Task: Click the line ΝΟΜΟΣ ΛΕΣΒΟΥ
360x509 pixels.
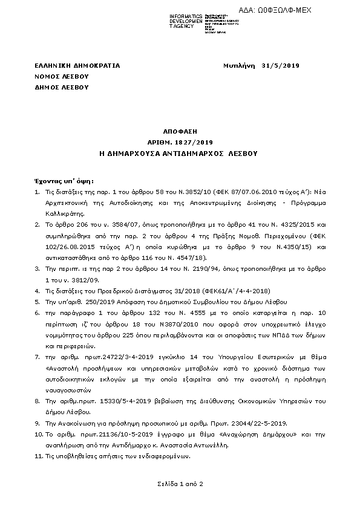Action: point(62,76)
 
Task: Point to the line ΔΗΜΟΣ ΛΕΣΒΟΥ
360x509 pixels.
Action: point(62,87)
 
